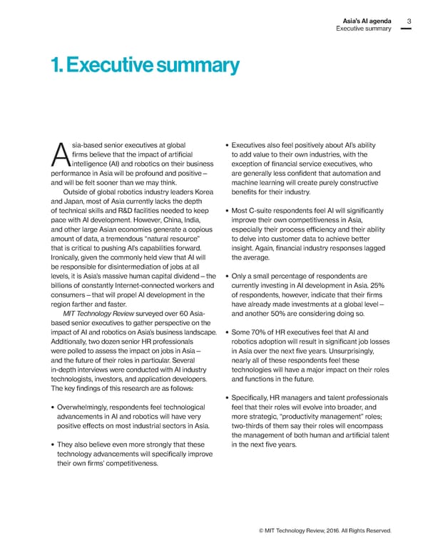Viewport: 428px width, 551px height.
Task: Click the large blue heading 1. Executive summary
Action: [146, 66]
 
